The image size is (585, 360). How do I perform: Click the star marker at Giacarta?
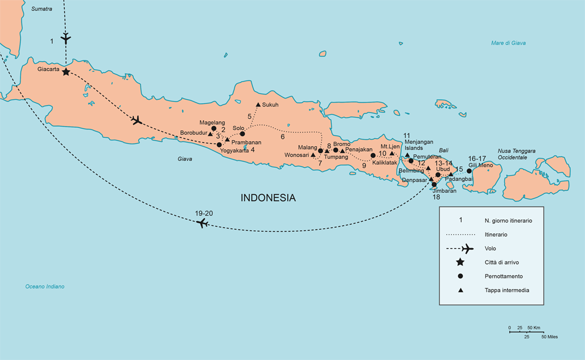(65, 72)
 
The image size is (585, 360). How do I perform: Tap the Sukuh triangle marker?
(257, 104)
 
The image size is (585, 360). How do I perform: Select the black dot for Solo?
(242, 133)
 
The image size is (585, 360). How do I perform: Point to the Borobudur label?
(193, 133)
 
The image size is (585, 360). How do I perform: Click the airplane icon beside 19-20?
(202, 223)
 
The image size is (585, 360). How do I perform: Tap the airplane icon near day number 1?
(65, 37)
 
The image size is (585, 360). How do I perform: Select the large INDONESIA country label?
(268, 198)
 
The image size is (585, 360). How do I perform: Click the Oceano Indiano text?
(45, 286)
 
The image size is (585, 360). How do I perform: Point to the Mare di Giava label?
(508, 43)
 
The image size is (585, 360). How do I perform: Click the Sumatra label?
(41, 9)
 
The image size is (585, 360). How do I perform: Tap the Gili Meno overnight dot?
(469, 171)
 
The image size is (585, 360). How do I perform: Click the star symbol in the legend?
(460, 262)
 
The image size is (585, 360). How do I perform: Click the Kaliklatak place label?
(384, 162)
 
